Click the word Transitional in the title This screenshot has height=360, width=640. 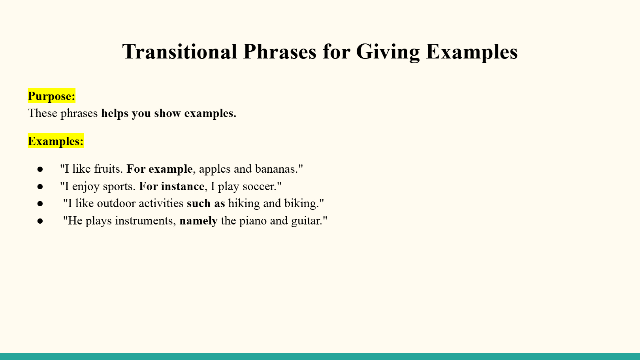point(180,52)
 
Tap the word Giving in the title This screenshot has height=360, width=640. point(388,52)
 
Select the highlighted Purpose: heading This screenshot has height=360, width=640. point(51,96)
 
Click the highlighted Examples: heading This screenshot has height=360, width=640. point(56,141)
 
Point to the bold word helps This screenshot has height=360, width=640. point(115,113)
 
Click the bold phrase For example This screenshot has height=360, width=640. point(160,169)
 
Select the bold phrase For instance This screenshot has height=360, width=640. point(172,186)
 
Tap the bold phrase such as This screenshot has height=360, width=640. point(206,204)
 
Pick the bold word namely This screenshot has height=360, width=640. point(199,221)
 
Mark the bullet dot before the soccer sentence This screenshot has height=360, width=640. point(40,187)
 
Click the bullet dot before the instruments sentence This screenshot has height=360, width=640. point(40,221)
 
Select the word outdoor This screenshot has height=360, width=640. point(116,204)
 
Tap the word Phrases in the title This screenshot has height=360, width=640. point(280,52)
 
